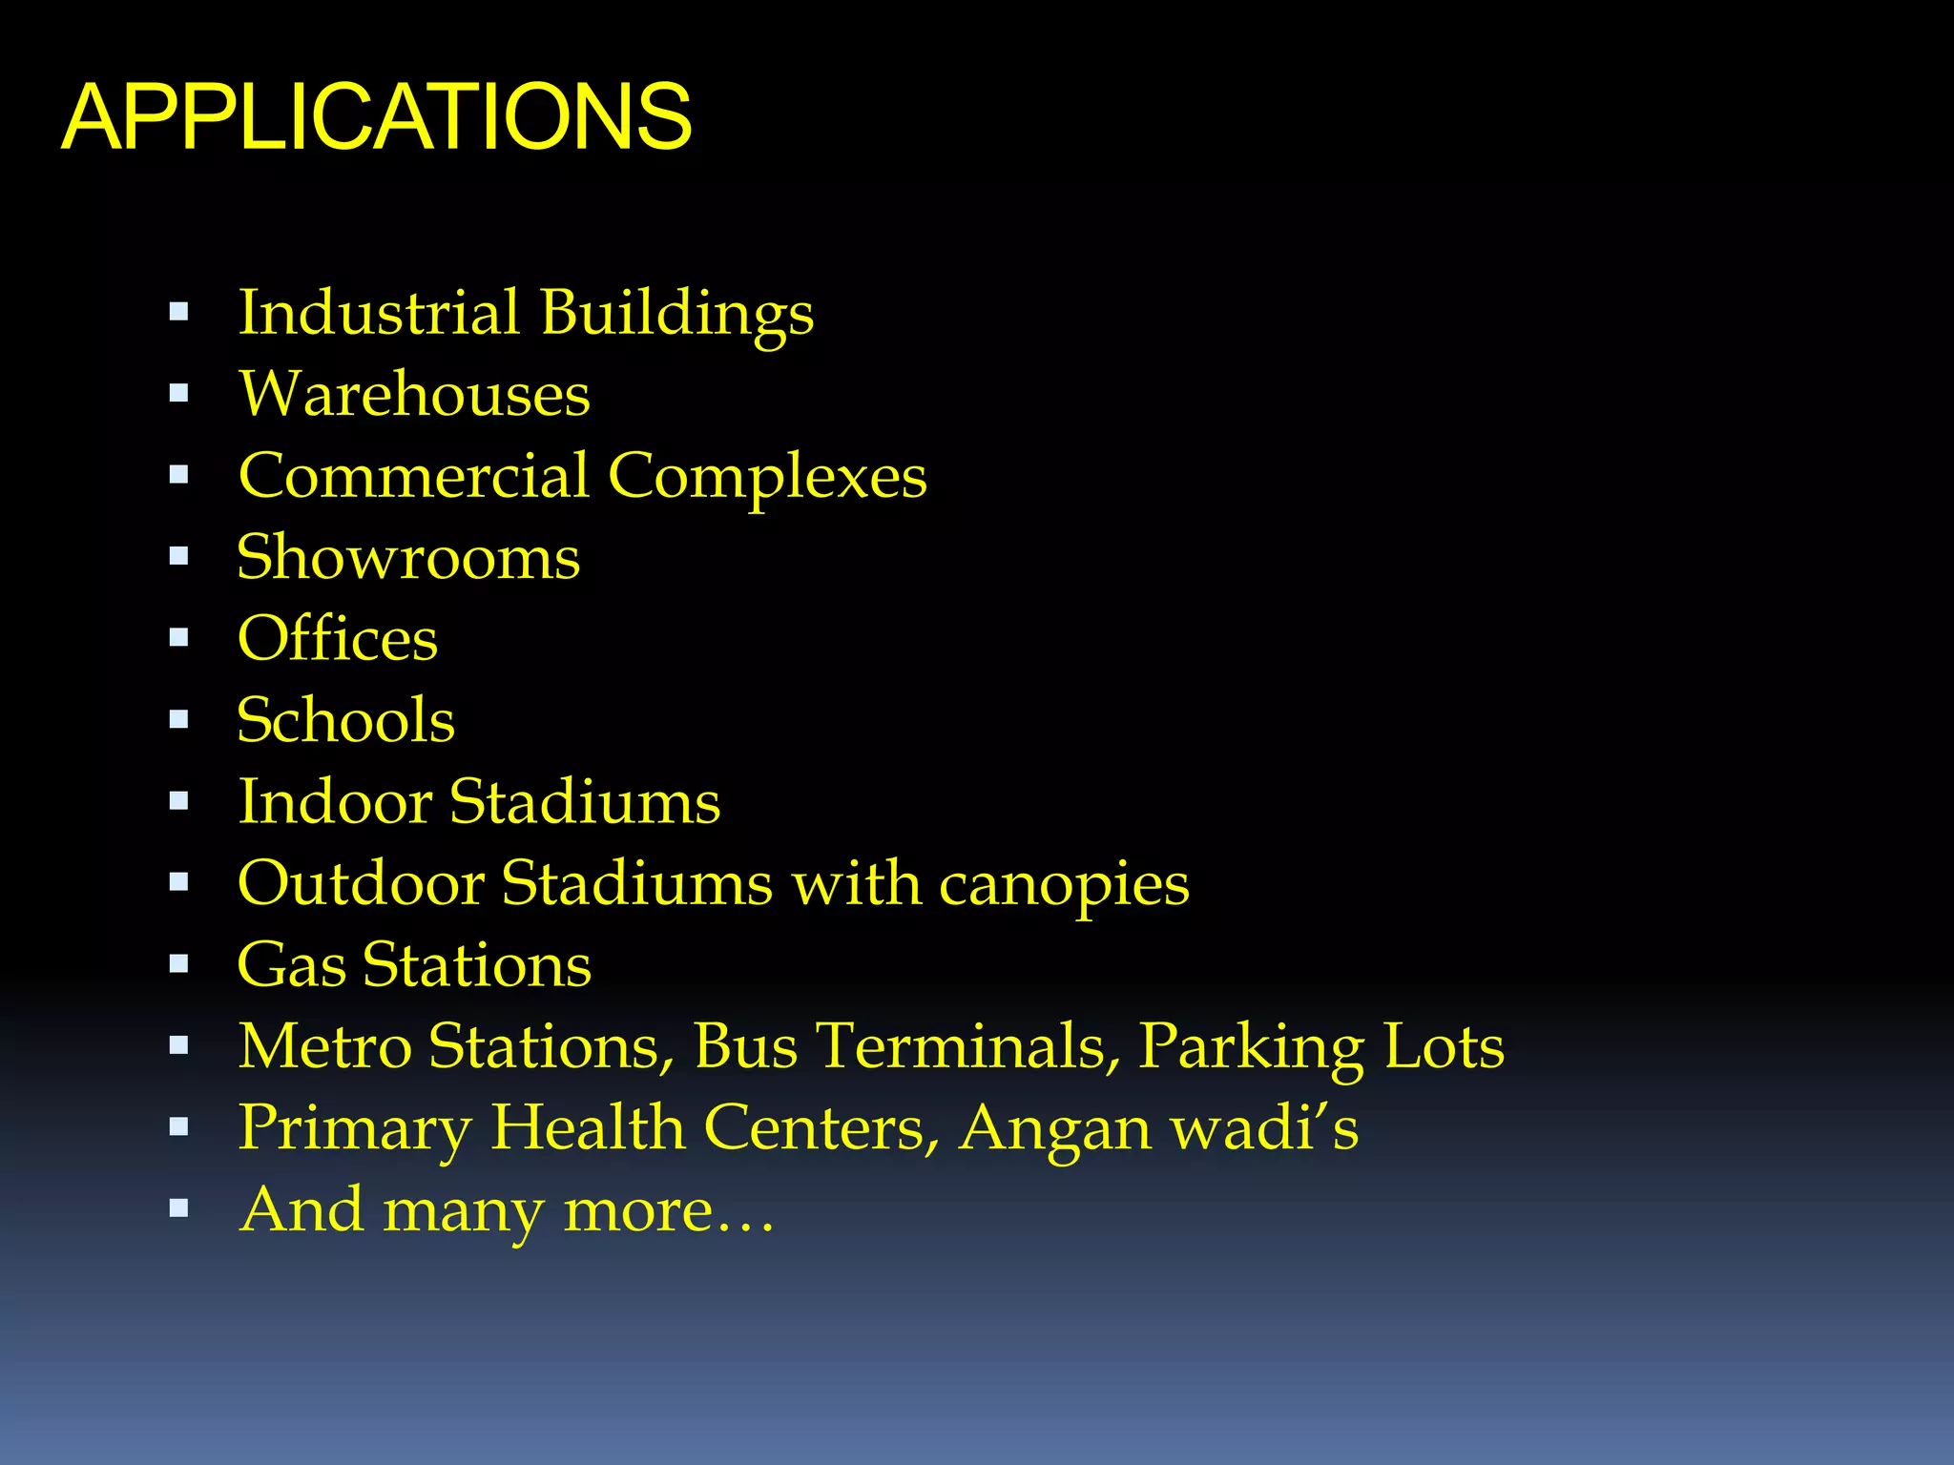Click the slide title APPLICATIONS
[377, 117]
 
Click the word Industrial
[379, 312]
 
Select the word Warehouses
[414, 394]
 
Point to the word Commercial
[413, 475]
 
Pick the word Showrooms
[408, 557]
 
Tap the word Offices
[338, 638]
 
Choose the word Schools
[345, 720]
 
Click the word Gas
[291, 964]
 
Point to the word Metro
[324, 1046]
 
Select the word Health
[588, 1127]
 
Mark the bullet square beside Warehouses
[178, 394]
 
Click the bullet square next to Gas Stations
[178, 964]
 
